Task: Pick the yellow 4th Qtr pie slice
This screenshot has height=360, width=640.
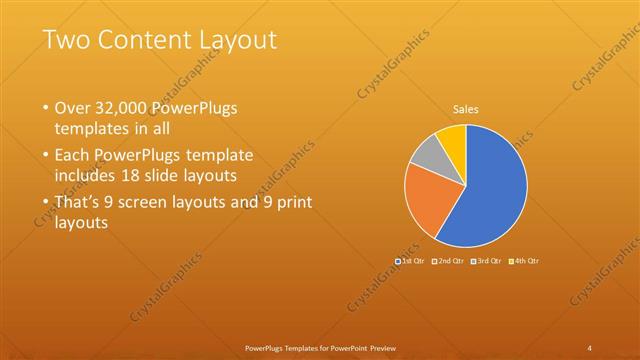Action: point(452,138)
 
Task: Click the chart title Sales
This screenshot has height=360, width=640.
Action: point(466,108)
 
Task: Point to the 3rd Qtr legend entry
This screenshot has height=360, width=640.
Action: point(488,261)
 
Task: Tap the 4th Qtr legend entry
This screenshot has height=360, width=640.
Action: point(526,261)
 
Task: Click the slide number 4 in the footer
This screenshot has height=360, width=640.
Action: point(590,347)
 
